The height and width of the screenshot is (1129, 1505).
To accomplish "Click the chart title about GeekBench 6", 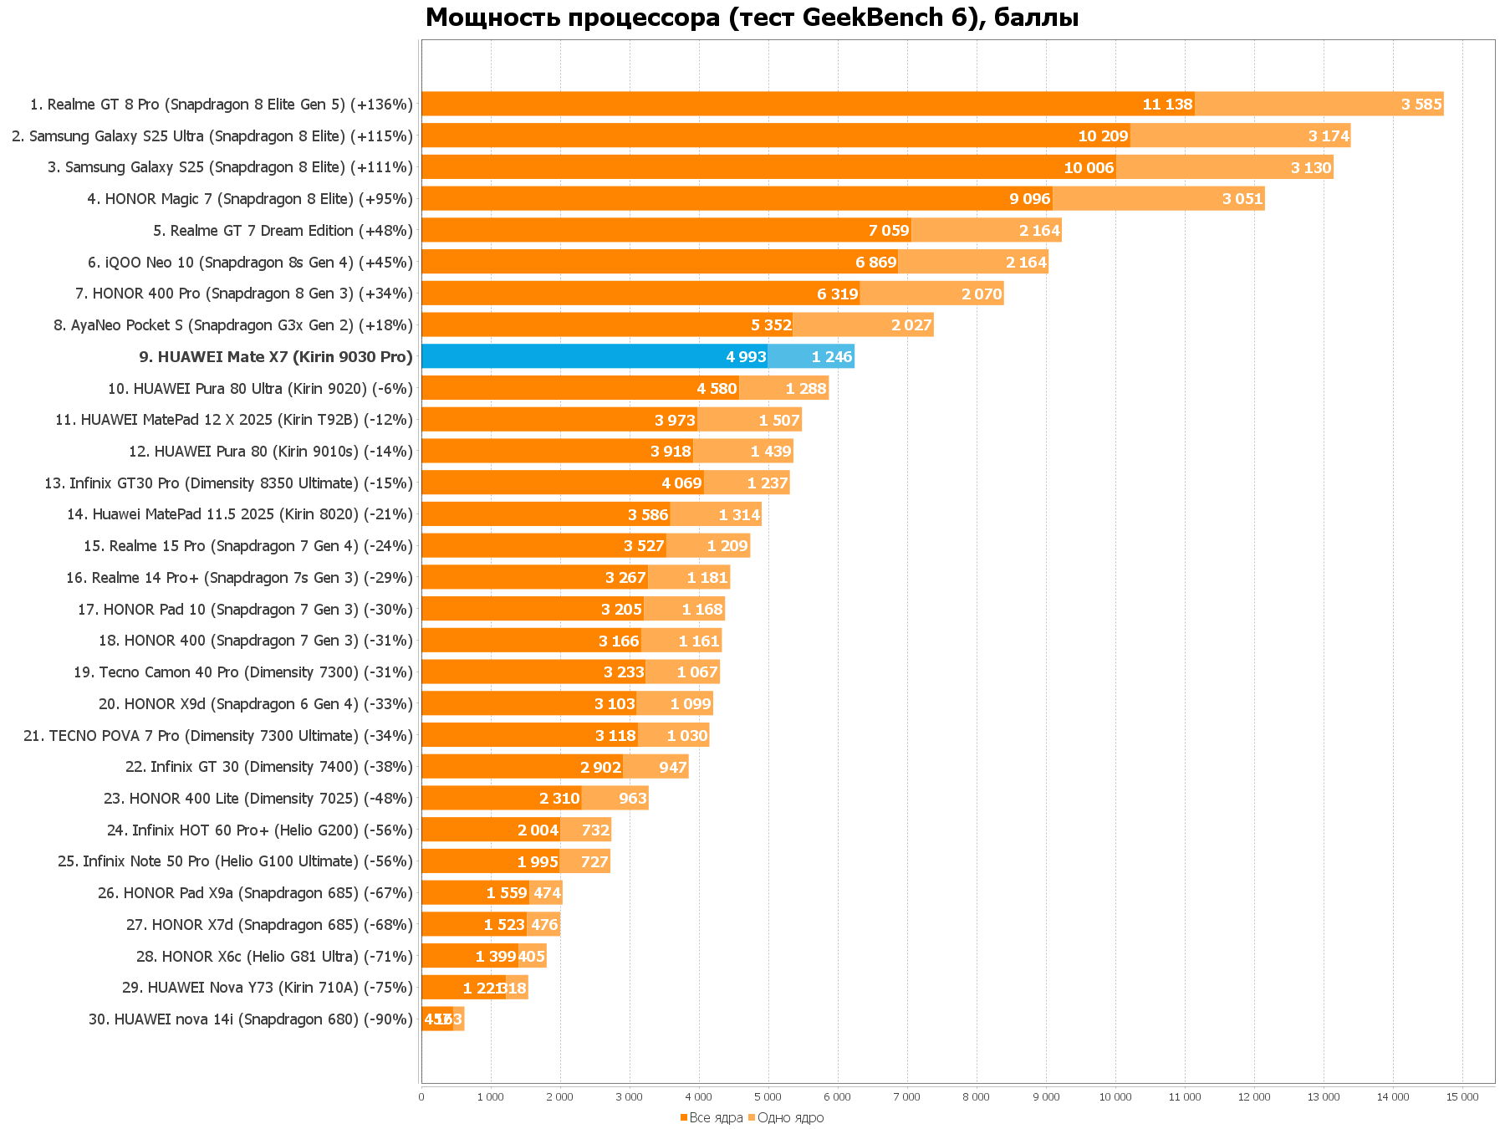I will [x=751, y=17].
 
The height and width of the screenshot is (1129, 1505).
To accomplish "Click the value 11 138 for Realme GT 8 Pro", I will [x=1167, y=105].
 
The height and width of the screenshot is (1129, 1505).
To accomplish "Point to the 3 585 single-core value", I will [x=1421, y=105].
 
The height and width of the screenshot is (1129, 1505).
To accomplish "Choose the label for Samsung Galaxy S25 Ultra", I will [x=212, y=136].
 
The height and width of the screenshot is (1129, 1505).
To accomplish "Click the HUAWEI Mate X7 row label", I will [x=276, y=357].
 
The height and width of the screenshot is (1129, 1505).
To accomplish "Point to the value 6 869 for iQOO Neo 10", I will [x=875, y=263].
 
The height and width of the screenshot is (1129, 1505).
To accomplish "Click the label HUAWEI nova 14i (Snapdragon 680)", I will [x=251, y=1019].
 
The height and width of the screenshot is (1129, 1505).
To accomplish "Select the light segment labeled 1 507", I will [x=778, y=420].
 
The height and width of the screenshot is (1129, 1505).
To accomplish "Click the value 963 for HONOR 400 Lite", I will [x=632, y=799].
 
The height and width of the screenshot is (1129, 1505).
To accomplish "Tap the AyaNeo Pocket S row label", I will [x=233, y=325].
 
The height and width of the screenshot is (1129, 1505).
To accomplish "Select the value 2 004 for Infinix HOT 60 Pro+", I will [x=538, y=830].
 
